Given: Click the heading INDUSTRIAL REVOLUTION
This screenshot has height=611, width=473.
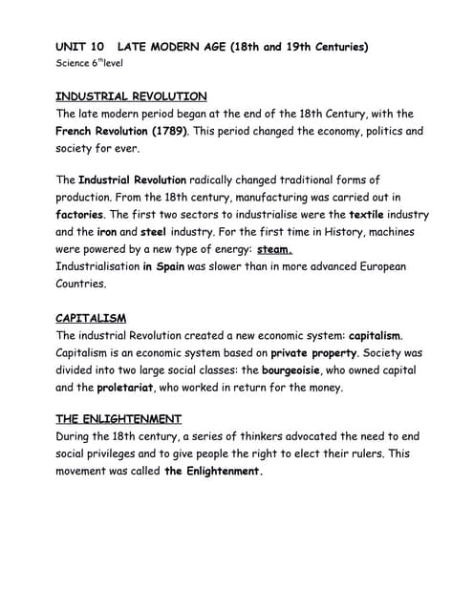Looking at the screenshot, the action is [131, 96].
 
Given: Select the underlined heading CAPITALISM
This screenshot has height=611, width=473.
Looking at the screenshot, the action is [91, 318].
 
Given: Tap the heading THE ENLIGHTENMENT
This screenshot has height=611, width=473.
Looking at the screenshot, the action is [118, 419].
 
